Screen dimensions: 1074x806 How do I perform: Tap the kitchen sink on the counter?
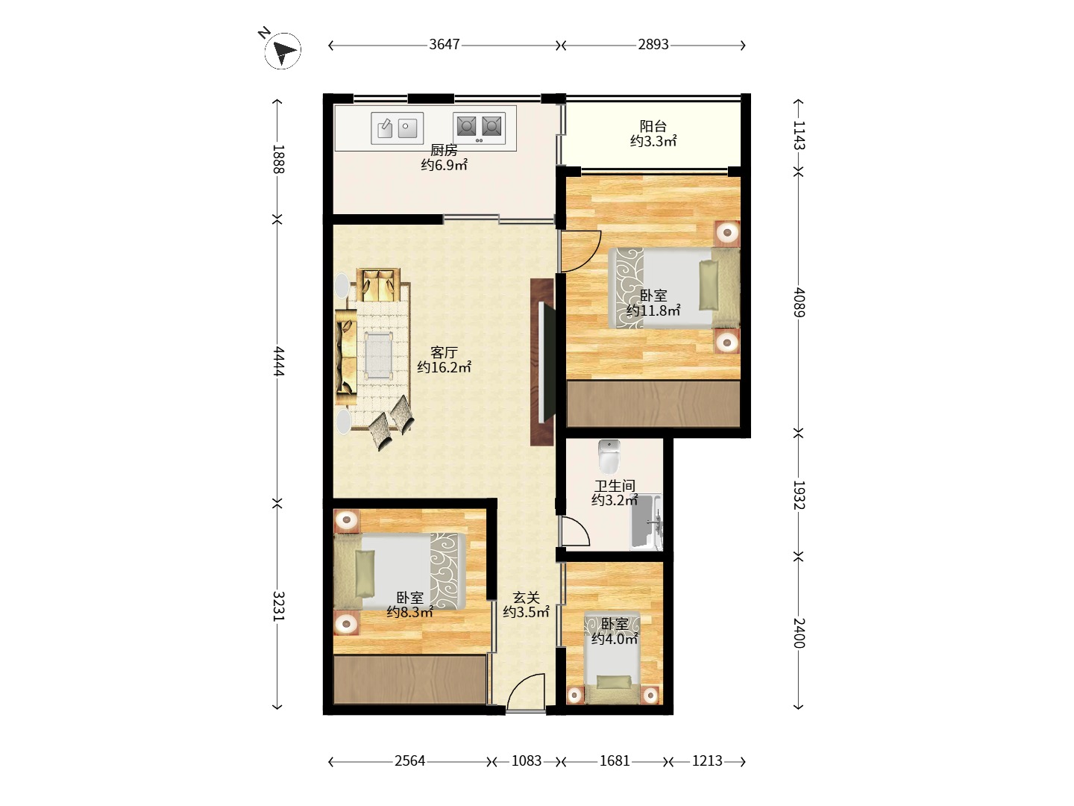(397, 128)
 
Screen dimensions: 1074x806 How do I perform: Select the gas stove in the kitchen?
(479, 128)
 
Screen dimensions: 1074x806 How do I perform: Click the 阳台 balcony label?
(653, 126)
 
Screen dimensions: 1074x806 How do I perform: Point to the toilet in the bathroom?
(609, 456)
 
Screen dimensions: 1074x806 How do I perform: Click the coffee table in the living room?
(379, 355)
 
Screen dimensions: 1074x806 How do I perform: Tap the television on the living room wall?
(546, 362)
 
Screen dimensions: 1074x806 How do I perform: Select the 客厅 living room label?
(444, 352)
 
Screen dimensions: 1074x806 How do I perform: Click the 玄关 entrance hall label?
(526, 598)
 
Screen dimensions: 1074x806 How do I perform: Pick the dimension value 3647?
(445, 45)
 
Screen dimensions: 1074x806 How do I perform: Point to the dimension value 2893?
(653, 45)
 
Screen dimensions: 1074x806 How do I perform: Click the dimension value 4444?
(278, 361)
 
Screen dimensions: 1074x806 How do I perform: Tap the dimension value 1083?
(527, 761)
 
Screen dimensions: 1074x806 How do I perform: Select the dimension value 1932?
(799, 495)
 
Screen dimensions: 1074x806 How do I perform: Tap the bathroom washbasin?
(646, 522)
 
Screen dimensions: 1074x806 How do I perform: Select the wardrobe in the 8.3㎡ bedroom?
(410, 679)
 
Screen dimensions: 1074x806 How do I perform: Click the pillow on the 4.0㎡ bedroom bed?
(614, 681)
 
